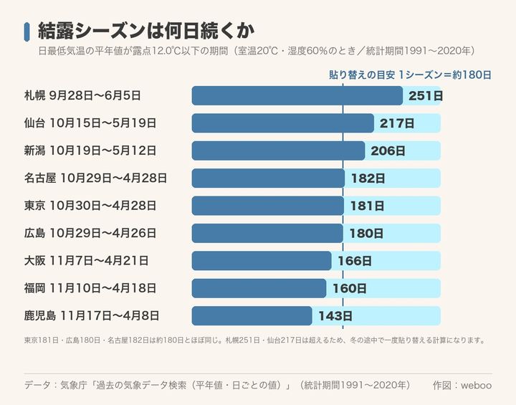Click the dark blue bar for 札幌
pyautogui.click(x=297, y=96)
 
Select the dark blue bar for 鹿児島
pyautogui.click(x=252, y=316)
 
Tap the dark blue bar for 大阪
pyautogui.click(x=262, y=261)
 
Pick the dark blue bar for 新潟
pyautogui.click(x=278, y=151)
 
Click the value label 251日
pyautogui.click(x=426, y=96)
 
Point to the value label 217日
pyautogui.click(x=397, y=123)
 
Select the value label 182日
pyautogui.click(x=368, y=178)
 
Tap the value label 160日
pyautogui.click(x=350, y=288)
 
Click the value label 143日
pyautogui.click(x=335, y=316)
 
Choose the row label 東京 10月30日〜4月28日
pyautogui.click(x=90, y=206)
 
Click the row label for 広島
pyautogui.click(x=90, y=233)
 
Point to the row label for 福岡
pyautogui.click(x=90, y=288)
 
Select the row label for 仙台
pyautogui.click(x=90, y=123)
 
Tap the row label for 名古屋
pyautogui.click(x=95, y=178)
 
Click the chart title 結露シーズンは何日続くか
pyautogui.click(x=146, y=32)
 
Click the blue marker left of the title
pyautogui.click(x=27, y=32)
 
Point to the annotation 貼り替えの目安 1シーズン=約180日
pyautogui.click(x=411, y=75)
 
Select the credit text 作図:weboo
pyautogui.click(x=462, y=385)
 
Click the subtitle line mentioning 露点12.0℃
pyautogui.click(x=257, y=51)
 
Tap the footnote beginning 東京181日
pyautogui.click(x=254, y=340)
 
